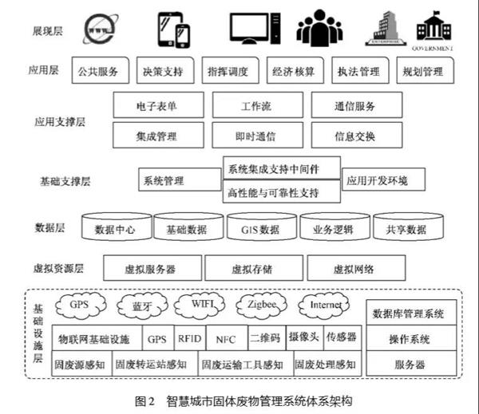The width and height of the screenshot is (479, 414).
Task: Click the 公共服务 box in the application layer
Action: pos(100,72)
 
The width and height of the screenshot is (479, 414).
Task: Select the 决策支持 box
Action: pos(163,72)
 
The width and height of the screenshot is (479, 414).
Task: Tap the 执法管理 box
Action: pos(358,72)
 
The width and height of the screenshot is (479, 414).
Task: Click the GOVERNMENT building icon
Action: pos(433,29)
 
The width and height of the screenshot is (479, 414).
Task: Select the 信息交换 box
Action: pos(354,136)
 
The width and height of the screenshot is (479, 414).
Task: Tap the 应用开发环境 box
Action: pos(377,180)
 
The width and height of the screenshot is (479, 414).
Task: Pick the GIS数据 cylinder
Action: pos(259,230)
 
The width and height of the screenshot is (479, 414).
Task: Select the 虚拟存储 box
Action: pos(252,269)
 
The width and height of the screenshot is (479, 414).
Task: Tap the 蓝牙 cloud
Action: pos(139,306)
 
